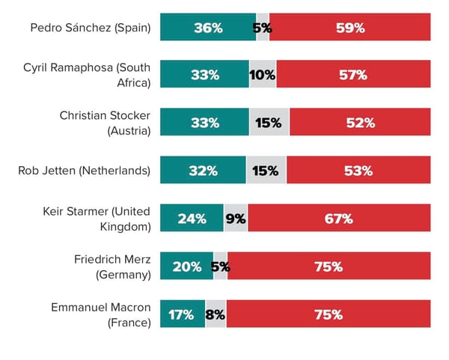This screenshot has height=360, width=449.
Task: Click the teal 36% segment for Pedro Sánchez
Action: click(208, 28)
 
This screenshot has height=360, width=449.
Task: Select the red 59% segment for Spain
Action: click(349, 28)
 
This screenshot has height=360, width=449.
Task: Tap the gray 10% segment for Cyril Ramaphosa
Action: click(263, 75)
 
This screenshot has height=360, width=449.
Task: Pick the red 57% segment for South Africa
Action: click(353, 75)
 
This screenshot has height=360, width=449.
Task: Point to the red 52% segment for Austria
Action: click(360, 123)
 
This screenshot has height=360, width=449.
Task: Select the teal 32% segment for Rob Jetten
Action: click(204, 171)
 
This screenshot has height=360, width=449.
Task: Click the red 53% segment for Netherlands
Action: click(358, 171)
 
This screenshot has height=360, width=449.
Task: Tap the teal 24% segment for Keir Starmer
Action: click(192, 219)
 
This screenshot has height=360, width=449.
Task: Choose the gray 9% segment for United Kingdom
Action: click(236, 219)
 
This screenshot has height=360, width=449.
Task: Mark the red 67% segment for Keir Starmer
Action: click(339, 219)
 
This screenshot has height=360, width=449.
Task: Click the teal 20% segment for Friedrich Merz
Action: click(187, 266)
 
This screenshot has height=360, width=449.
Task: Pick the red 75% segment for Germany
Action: click(329, 266)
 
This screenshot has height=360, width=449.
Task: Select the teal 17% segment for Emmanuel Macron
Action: click(183, 314)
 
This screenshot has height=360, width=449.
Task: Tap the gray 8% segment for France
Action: click(216, 314)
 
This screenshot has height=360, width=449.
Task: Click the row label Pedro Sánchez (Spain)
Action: click(90, 28)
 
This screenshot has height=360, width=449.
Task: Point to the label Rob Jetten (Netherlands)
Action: click(84, 171)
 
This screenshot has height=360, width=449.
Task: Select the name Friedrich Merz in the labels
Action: click(112, 260)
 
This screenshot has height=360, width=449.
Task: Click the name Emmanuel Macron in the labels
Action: click(100, 308)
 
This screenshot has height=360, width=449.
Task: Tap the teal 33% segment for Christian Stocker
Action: click(204, 123)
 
